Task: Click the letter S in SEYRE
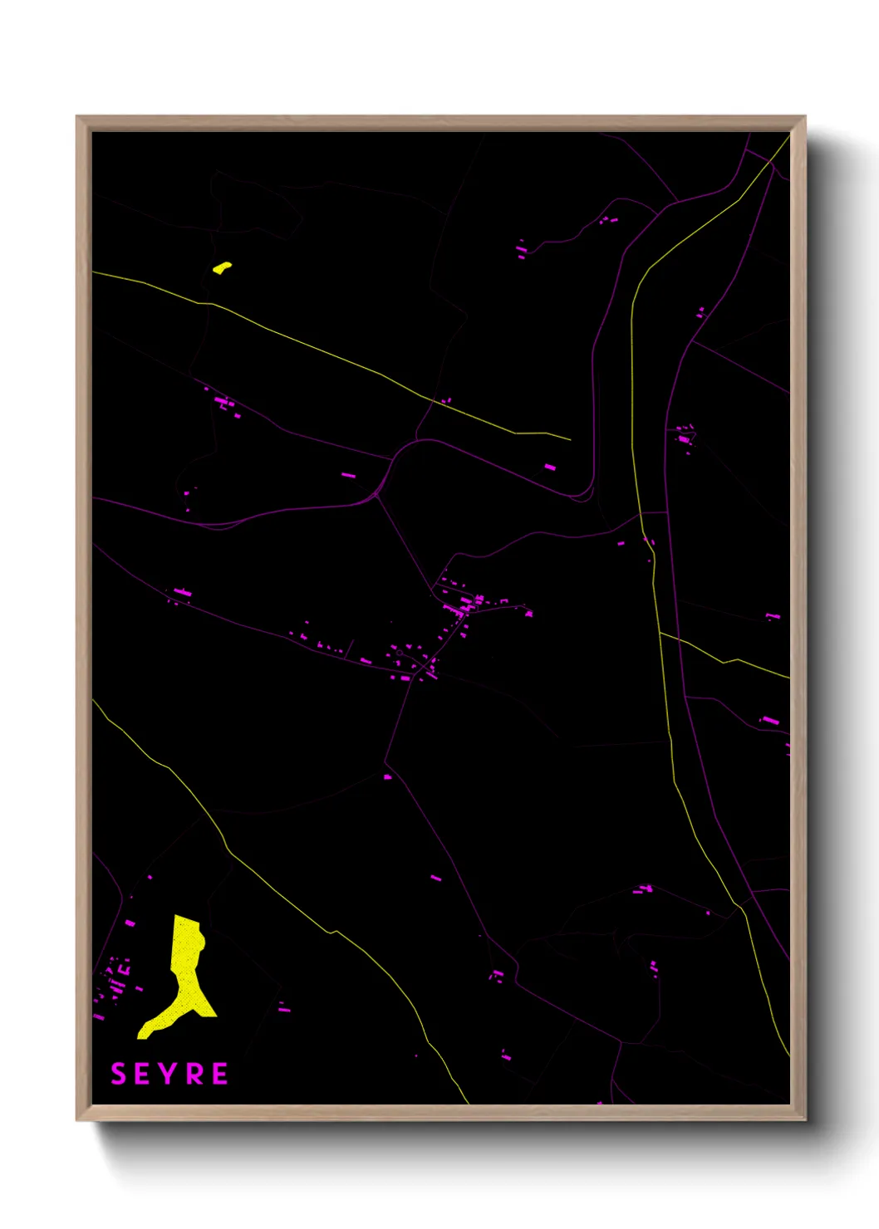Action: point(118,1074)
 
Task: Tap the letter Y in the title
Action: point(169,1074)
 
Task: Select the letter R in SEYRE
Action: point(195,1074)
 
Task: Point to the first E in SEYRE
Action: point(144,1074)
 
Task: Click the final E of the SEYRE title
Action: point(220,1074)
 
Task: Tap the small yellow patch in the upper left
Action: point(222,267)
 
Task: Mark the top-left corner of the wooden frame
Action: point(77,117)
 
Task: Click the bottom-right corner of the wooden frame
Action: point(804,1119)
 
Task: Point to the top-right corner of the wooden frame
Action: point(804,117)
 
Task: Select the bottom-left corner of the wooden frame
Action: point(77,1119)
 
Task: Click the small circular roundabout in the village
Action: point(400,654)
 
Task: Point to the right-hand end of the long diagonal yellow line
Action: point(570,439)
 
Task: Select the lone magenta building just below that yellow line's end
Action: point(550,468)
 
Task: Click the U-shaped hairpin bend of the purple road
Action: point(585,493)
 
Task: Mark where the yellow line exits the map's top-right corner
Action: point(788,136)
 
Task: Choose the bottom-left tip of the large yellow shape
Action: point(142,1035)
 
